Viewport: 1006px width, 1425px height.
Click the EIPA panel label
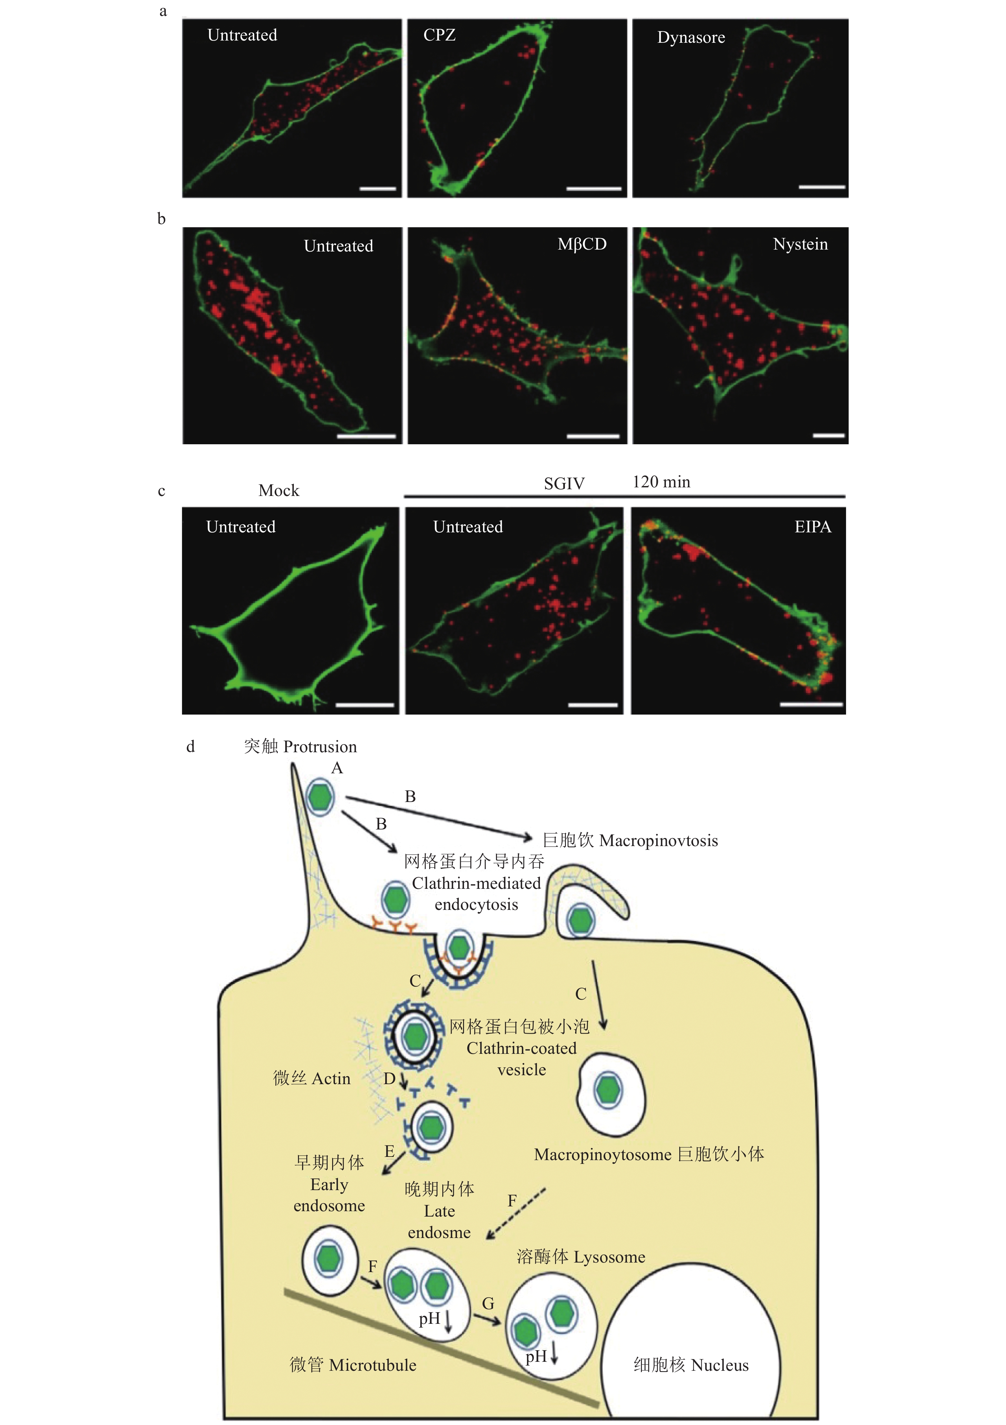point(812,527)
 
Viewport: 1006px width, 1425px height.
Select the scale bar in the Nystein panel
point(828,436)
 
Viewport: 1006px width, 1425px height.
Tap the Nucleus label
point(720,1365)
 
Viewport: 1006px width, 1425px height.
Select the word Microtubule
point(373,1365)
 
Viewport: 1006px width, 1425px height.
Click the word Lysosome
point(609,1257)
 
